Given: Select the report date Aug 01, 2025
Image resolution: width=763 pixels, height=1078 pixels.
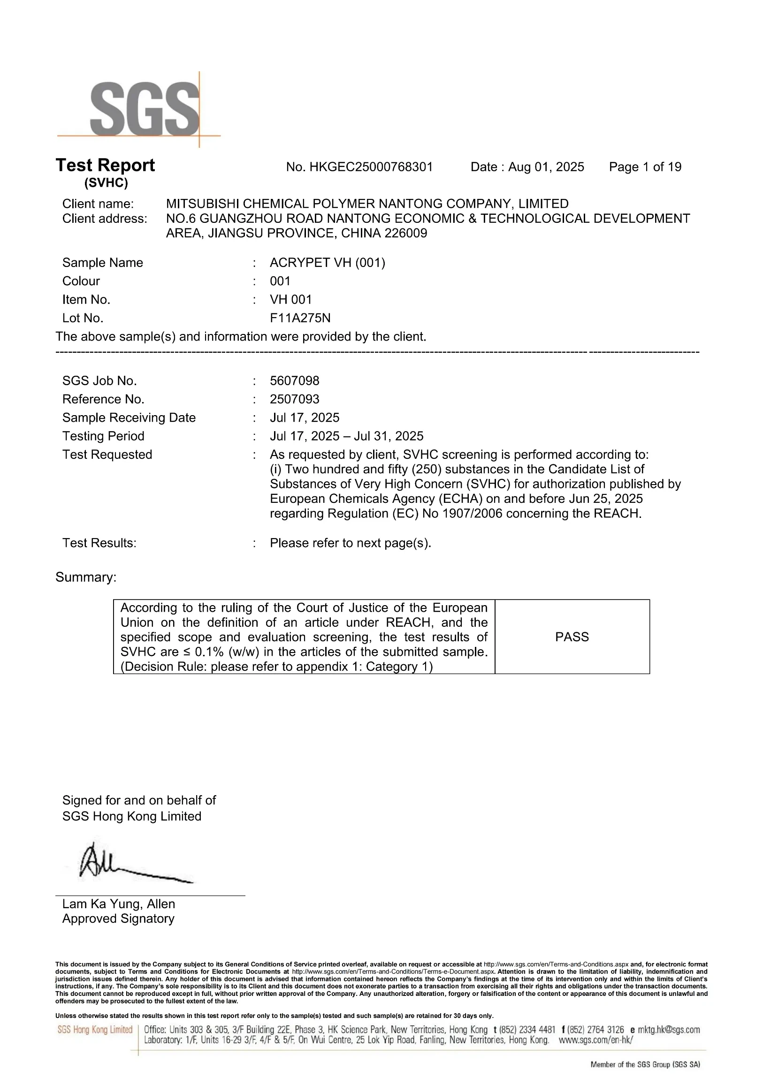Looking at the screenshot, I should click(x=546, y=167).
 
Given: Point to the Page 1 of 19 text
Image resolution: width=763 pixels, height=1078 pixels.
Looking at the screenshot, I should click(x=645, y=167).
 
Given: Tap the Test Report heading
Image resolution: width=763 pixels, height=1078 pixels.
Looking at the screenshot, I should click(x=105, y=165).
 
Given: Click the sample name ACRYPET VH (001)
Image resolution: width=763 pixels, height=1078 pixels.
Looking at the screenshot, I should click(x=328, y=263).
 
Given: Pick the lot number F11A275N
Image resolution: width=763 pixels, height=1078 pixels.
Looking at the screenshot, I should click(x=300, y=318).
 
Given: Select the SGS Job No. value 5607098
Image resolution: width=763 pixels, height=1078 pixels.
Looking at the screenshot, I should click(x=295, y=380).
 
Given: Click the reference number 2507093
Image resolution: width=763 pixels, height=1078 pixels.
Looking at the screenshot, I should click(x=295, y=399).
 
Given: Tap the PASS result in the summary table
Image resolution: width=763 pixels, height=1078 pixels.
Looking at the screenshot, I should click(x=572, y=637).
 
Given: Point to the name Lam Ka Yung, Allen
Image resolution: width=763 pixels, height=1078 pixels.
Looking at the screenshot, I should click(x=118, y=904).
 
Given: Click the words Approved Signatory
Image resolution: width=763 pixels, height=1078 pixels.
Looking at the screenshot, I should click(x=118, y=919).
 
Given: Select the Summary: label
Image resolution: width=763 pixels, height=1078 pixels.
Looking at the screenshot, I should click(x=86, y=577).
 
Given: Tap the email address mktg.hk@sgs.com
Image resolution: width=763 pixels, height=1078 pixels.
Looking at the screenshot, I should click(x=669, y=1030).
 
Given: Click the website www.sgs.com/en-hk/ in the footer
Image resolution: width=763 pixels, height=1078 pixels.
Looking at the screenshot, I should click(x=596, y=1040).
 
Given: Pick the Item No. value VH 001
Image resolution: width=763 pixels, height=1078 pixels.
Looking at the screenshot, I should click(x=291, y=300).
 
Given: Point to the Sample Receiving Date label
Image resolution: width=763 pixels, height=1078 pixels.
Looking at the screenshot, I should click(x=129, y=418).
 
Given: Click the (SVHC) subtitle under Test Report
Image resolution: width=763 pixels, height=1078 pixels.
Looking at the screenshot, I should click(x=106, y=183).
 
